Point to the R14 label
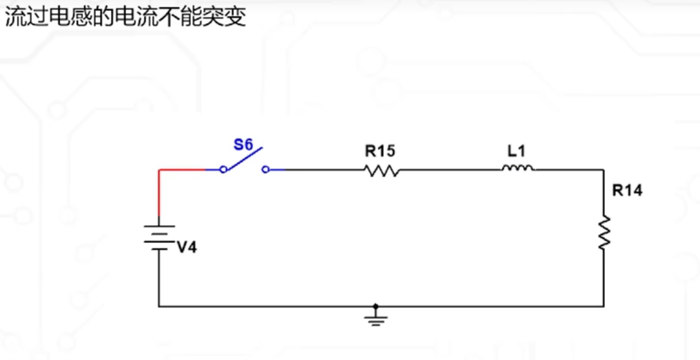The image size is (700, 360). point(627,191)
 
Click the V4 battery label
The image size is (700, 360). point(187,248)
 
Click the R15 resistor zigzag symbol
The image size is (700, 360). point(383,171)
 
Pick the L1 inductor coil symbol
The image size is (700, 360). point(517,169)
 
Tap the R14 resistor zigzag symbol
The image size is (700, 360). point(604,231)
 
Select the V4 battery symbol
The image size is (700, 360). point(159,237)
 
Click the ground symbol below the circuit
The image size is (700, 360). point(376,318)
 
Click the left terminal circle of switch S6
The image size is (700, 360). point(223,170)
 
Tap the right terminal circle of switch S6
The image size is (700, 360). point(266,170)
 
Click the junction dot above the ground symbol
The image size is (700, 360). point(376,306)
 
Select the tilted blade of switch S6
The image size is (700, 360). point(244,158)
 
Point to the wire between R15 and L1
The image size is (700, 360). point(451,170)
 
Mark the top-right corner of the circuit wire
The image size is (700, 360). point(604,170)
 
